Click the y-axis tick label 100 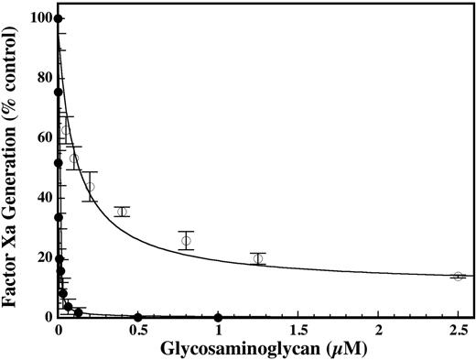click(x=38, y=18)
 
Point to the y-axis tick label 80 click(x=41, y=78)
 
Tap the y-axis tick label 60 click(x=41, y=137)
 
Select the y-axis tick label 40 click(x=41, y=197)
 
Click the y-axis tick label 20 click(x=41, y=257)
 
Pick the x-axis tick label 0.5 click(x=138, y=328)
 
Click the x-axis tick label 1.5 click(x=297, y=328)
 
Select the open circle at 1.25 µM click(x=258, y=258)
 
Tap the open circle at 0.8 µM click(x=186, y=241)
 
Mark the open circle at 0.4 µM click(x=122, y=212)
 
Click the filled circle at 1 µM click(x=218, y=317)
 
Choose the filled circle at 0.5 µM click(x=138, y=317)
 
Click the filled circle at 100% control click(x=59, y=18)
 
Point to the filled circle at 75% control click(x=59, y=92)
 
